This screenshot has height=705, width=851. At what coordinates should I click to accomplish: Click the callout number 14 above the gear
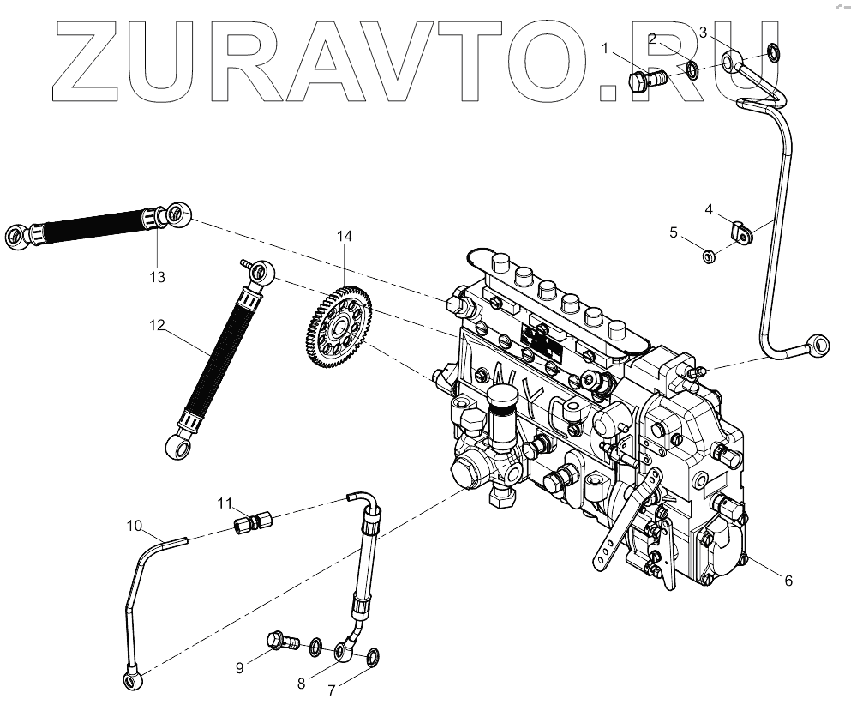click(x=344, y=236)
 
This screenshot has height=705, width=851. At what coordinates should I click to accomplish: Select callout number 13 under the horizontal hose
click(x=156, y=277)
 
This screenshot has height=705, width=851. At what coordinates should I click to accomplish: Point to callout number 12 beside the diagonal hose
click(x=156, y=325)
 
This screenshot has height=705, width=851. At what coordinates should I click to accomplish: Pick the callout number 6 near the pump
click(x=788, y=581)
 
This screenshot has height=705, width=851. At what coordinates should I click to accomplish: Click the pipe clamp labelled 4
click(x=740, y=230)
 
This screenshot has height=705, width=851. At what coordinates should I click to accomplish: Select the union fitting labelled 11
click(x=252, y=521)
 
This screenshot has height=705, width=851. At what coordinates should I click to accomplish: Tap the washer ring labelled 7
click(x=374, y=659)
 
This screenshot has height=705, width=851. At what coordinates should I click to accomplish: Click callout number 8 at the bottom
click(x=300, y=684)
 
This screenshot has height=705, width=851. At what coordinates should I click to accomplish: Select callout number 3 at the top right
click(x=703, y=33)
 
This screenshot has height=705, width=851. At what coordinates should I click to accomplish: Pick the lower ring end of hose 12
click(x=175, y=445)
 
